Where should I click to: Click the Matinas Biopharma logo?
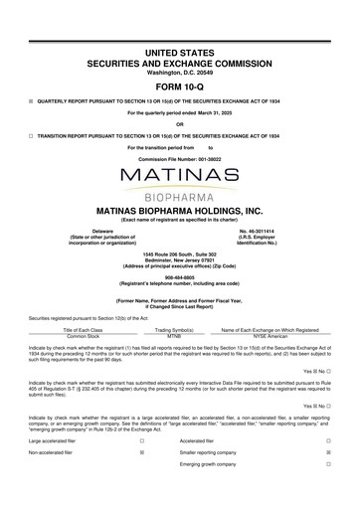[x=180, y=183]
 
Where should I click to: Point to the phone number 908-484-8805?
[x=180, y=278]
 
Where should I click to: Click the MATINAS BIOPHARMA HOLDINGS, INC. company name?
[x=180, y=212]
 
